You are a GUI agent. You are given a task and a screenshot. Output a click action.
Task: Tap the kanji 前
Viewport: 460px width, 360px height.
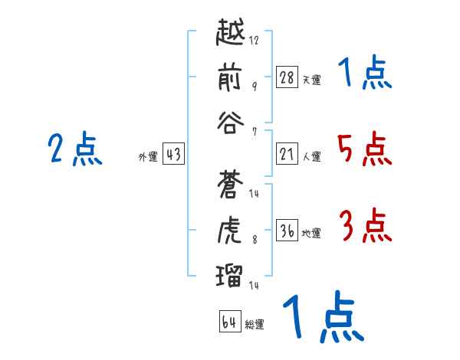pos(230,78)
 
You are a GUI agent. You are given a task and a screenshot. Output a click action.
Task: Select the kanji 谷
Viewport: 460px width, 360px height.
pos(230,122)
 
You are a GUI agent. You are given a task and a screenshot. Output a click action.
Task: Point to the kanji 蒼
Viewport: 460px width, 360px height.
pos(230,184)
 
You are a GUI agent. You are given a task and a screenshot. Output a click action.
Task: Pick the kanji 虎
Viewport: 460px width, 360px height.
pos(230,228)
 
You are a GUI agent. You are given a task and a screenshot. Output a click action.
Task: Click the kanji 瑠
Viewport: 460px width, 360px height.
pos(230,273)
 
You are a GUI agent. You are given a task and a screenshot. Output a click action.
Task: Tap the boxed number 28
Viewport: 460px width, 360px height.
pos(287,77)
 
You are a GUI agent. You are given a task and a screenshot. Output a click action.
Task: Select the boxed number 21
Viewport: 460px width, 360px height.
pos(287,154)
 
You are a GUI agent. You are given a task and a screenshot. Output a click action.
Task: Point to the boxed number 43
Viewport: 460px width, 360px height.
pos(173,154)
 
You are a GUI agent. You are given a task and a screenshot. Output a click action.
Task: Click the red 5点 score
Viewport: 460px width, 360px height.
pos(364,149)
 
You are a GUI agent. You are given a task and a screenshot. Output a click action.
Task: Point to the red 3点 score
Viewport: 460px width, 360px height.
pos(364,227)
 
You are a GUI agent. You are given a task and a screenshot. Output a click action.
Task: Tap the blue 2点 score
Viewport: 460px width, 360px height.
pos(75,149)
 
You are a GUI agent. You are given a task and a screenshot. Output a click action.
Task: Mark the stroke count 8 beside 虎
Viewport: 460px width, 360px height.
pos(254,239)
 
